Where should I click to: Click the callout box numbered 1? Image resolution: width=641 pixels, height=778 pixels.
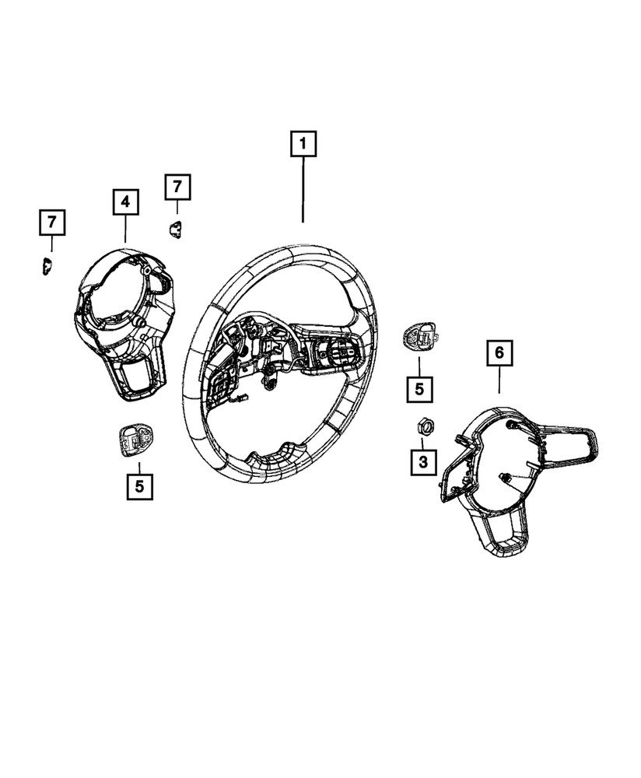(x=303, y=144)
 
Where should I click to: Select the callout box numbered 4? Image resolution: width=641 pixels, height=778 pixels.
(x=125, y=202)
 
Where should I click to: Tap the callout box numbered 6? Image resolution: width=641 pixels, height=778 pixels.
(x=499, y=352)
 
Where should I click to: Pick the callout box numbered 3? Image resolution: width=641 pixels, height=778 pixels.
(x=423, y=462)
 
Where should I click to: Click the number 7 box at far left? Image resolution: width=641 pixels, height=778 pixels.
(x=52, y=223)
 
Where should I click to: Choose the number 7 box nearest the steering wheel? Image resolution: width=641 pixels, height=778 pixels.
(x=177, y=187)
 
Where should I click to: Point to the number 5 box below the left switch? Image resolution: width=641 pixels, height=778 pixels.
(x=140, y=486)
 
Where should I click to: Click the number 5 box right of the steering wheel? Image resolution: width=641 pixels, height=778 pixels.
(x=420, y=389)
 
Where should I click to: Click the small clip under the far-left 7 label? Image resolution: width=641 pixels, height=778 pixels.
(x=47, y=266)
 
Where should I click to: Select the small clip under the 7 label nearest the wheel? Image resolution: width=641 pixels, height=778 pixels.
(x=174, y=229)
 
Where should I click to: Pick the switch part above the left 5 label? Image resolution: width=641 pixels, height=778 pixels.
(x=135, y=440)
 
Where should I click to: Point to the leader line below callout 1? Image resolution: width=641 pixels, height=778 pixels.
(x=303, y=190)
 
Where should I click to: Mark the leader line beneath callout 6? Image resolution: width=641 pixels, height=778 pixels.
(x=499, y=379)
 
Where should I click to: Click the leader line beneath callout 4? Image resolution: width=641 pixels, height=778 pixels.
(x=125, y=228)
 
